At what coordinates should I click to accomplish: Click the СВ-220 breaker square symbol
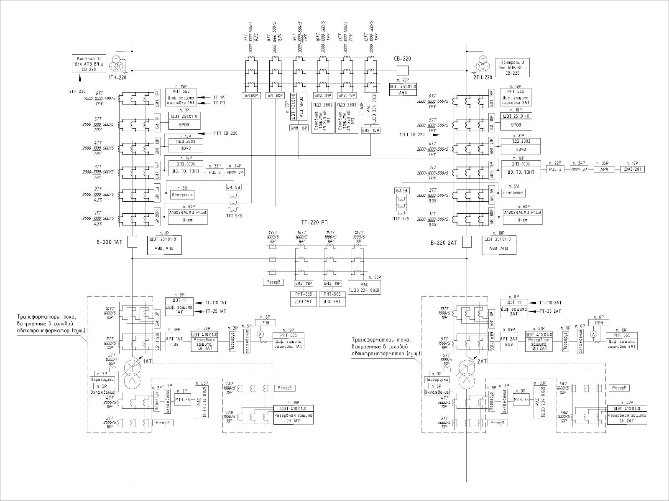click(x=403, y=70)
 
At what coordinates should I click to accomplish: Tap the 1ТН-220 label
click(x=117, y=78)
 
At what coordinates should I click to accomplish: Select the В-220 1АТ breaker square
click(x=132, y=242)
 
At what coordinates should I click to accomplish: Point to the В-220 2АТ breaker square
click(x=467, y=242)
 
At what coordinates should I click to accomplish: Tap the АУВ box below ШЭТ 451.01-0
click(x=403, y=93)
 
